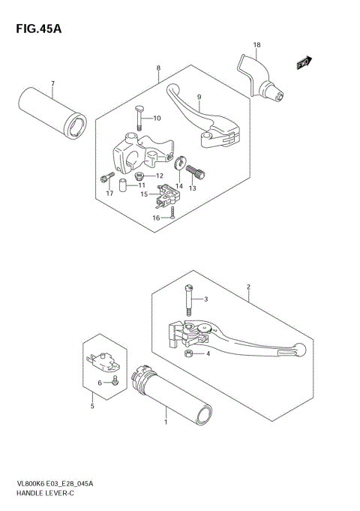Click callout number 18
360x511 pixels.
256,45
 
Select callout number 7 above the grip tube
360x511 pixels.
52,83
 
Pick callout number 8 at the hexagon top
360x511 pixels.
158,68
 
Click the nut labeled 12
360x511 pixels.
139,177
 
